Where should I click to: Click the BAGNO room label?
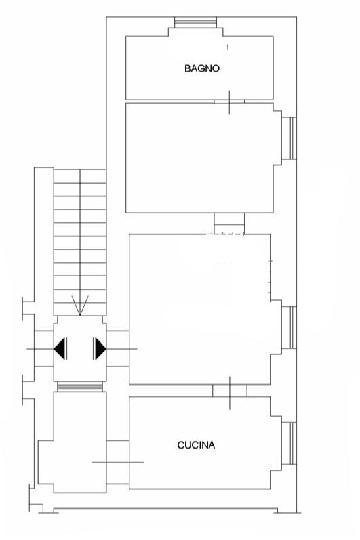point(202,68)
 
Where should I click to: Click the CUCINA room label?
point(196,445)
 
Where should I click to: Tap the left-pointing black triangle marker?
point(60,348)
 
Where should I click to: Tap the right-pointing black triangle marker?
point(99,348)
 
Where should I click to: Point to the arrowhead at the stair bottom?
point(80,306)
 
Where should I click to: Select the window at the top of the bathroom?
point(196,22)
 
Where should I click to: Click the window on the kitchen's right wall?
point(289,444)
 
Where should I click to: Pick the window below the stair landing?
point(80,387)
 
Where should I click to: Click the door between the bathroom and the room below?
point(229,102)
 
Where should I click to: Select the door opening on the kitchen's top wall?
point(230,391)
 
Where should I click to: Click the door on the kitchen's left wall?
point(118,462)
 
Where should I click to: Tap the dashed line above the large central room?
point(222,234)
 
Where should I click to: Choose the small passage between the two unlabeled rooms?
point(229,224)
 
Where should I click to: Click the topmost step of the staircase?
point(80,176)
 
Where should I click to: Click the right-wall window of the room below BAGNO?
point(289,138)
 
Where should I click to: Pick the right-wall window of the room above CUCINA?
point(289,327)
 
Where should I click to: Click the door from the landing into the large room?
point(118,348)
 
